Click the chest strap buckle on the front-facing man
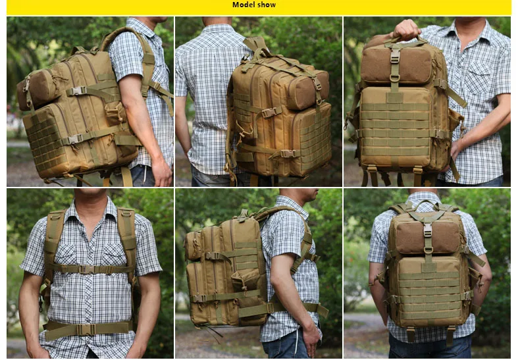click(x=87, y=269)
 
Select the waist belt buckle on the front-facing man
click(x=86, y=330)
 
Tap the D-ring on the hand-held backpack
click(x=394, y=78)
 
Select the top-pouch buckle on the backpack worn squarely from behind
click(x=428, y=230)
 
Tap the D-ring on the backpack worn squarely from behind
click(x=428, y=249)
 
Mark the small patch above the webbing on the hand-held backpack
click(x=394, y=98)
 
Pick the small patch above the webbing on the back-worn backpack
click(x=429, y=267)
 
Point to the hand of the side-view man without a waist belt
click(x=162, y=172)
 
